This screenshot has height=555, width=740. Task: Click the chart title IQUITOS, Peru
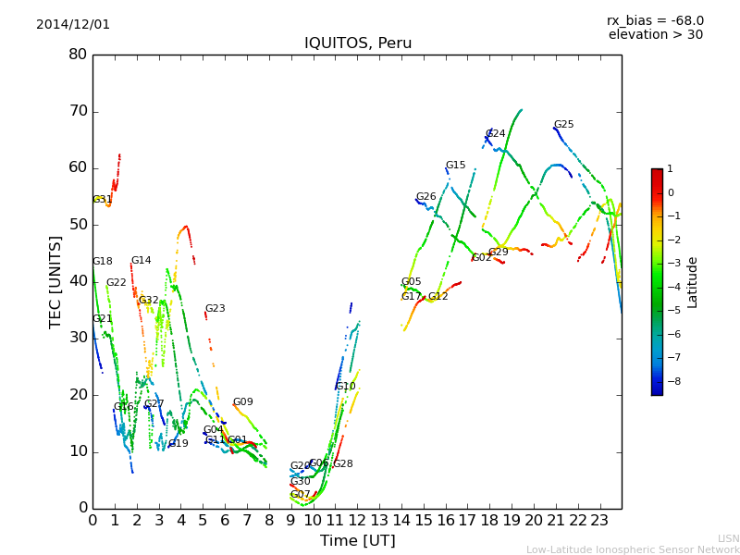(x=358, y=43)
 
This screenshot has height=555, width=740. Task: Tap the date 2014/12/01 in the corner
(x=73, y=24)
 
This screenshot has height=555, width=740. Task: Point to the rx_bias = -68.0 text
(x=655, y=20)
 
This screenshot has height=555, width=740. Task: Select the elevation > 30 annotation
(x=655, y=35)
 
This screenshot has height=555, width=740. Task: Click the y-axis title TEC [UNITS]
(x=55, y=282)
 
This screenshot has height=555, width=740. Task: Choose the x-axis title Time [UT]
(x=357, y=540)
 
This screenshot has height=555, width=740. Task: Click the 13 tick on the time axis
(x=379, y=520)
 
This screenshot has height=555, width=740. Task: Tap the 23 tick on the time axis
(x=599, y=520)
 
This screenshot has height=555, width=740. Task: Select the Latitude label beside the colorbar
(x=693, y=282)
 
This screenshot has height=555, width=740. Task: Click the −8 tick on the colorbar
(x=671, y=380)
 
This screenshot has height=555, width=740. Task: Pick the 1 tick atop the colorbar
(x=670, y=169)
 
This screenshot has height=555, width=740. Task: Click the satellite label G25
(x=563, y=125)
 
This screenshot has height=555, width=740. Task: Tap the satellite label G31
(x=102, y=200)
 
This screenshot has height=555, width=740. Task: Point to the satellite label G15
(x=455, y=166)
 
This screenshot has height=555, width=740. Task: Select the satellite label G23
(x=215, y=309)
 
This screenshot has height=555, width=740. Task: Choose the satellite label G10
(x=345, y=387)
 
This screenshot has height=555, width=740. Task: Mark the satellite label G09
(x=242, y=402)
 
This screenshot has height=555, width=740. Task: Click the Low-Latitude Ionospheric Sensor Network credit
(x=633, y=549)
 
